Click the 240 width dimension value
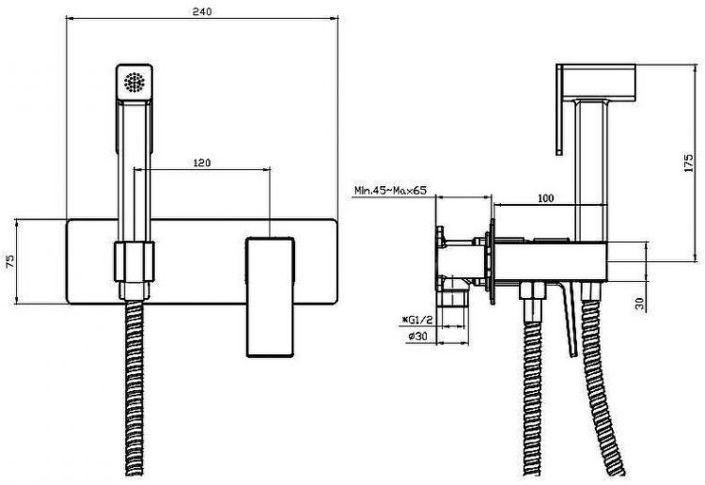pyautogui.click(x=202, y=11)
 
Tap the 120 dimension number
pyautogui.click(x=202, y=163)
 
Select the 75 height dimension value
pyautogui.click(x=10, y=261)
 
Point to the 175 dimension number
pyautogui.click(x=688, y=163)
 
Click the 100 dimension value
pyautogui.click(x=546, y=197)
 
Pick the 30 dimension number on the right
pyautogui.click(x=640, y=304)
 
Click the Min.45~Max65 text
pyautogui.click(x=390, y=190)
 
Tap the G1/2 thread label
pyautogui.click(x=417, y=320)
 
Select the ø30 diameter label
pyautogui.click(x=417, y=336)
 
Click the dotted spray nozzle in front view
pyautogui.click(x=134, y=83)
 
